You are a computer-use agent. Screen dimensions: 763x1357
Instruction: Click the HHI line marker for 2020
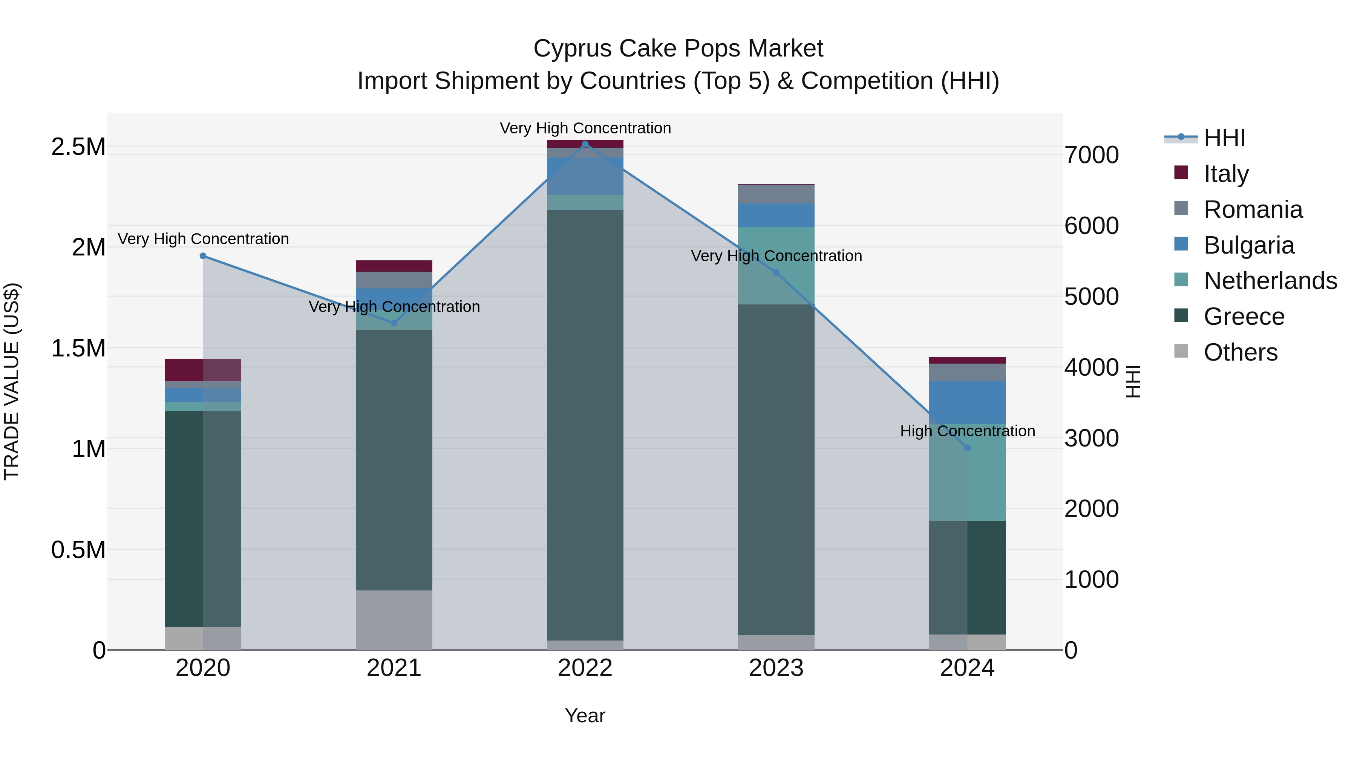(203, 256)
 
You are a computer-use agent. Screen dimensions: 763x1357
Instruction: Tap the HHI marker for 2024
(967, 448)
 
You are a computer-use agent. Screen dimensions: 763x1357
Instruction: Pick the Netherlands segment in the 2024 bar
(967, 472)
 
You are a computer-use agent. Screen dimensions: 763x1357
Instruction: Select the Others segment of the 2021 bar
(394, 620)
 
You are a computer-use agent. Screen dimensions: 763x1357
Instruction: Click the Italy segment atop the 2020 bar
(203, 370)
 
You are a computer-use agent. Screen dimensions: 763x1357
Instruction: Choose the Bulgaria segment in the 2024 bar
(967, 402)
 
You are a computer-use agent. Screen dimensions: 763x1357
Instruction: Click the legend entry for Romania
(1253, 209)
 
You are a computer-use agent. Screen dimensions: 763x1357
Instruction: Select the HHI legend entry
(1225, 138)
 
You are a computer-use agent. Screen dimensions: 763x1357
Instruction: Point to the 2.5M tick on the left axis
(78, 147)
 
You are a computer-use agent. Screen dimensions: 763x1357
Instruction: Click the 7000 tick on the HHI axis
(1091, 155)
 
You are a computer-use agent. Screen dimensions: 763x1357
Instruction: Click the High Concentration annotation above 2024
(967, 431)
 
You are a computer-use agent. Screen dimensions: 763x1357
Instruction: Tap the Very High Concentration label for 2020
(203, 239)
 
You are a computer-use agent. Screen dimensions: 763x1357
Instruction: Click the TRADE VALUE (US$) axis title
(12, 381)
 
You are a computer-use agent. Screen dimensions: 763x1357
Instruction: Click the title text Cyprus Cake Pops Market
(678, 49)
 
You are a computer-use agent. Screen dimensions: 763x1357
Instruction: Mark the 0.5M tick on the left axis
(78, 550)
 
